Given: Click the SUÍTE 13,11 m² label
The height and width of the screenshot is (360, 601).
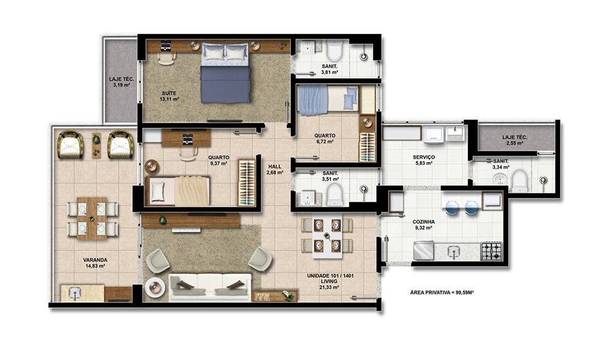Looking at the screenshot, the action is coord(169,96).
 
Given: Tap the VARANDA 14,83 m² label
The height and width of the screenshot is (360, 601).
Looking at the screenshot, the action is coord(95,262).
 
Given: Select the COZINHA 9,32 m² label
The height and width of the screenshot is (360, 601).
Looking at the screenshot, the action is coord(423,225).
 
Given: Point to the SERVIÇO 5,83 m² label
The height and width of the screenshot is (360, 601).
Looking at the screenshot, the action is coord(423,160).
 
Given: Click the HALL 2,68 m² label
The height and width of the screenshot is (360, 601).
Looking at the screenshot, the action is coord(275,170).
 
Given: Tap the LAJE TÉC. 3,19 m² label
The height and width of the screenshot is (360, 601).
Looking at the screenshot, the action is coord(122,82).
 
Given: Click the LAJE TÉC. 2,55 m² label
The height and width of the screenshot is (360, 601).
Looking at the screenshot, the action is coord(515,140).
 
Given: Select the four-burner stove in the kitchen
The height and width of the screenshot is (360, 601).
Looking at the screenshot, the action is coord(491,251).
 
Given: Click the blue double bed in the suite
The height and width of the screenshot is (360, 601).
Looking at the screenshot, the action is coord(225,73).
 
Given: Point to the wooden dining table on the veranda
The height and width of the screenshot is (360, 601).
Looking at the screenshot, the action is coord(91,218).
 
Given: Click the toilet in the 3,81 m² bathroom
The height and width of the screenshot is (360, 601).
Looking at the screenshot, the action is coord(334,52).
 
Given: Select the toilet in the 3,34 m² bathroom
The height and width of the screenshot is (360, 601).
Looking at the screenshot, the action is coord(520,181).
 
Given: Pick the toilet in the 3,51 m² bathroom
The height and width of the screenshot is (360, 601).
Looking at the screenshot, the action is coord(334,195).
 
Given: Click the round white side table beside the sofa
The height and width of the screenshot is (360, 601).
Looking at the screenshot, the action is coord(155,287).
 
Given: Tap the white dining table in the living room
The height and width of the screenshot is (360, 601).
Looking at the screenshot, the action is coord(327,235).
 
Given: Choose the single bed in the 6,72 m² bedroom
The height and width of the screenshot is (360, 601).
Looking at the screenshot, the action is coord(328,100).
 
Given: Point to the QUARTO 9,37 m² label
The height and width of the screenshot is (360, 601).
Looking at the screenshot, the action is coord(219,160).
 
